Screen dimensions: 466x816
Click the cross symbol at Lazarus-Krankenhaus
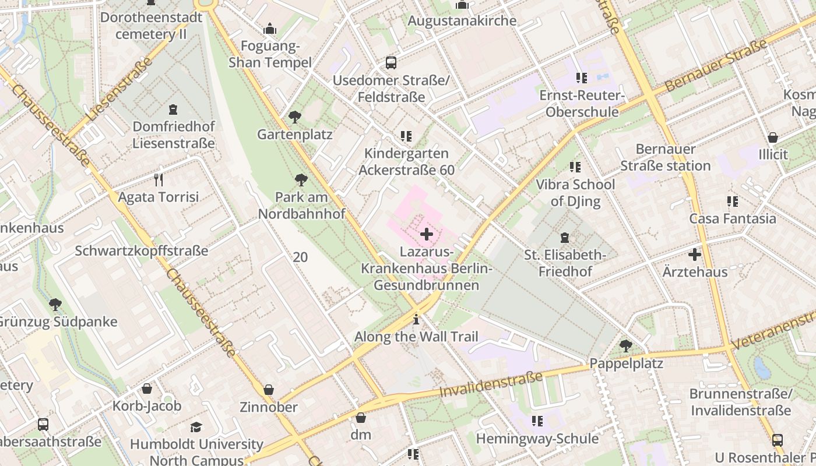coord(427,235)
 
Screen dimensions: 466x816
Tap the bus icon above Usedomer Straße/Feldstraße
coord(391,63)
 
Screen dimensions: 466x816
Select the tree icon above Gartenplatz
coord(295,117)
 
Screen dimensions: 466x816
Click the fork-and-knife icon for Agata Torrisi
coord(158,179)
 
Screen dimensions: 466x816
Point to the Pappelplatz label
coord(627,363)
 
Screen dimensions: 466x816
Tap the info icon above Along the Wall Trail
coord(416,319)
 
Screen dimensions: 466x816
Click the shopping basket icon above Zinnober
coord(269,389)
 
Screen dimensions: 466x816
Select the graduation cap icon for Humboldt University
coord(196,427)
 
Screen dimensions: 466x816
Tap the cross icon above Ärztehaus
coord(694,255)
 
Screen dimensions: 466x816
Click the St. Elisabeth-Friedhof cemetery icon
coord(564,238)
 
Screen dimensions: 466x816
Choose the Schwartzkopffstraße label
coord(142,251)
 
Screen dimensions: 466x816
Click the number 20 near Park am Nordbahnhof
coord(300,257)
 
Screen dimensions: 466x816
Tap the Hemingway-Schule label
coord(537,438)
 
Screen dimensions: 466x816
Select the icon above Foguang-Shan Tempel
coord(270,29)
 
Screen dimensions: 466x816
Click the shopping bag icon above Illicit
coord(773,137)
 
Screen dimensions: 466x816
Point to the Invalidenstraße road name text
coord(491,385)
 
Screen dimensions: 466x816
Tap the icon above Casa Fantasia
coord(732,202)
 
